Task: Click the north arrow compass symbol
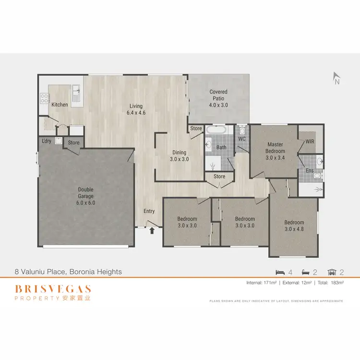click(x=336, y=78)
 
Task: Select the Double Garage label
click(x=86, y=193)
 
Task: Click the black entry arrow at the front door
click(x=152, y=230)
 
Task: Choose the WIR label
click(x=310, y=142)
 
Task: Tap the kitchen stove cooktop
click(x=44, y=99)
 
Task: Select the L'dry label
click(x=47, y=141)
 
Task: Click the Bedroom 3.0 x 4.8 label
click(x=294, y=226)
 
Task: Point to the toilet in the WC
click(x=242, y=130)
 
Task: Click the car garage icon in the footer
click(x=331, y=272)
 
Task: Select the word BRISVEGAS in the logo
click(x=53, y=289)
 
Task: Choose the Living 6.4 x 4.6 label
click(x=136, y=110)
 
